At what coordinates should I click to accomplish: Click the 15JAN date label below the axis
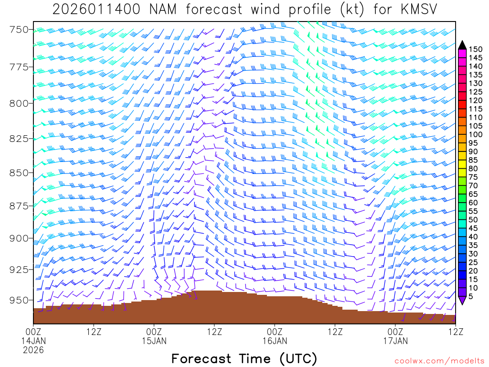pyautogui.click(x=154, y=341)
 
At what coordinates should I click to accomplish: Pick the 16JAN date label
pyautogui.click(x=275, y=341)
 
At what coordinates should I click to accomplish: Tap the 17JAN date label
pyautogui.click(x=395, y=341)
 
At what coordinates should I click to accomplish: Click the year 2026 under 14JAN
pyautogui.click(x=33, y=350)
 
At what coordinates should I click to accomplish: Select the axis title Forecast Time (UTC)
pyautogui.click(x=244, y=358)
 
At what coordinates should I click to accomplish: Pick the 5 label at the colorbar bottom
pyautogui.click(x=471, y=296)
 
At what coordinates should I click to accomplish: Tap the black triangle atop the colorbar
pyautogui.click(x=462, y=44)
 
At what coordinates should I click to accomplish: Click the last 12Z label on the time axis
pyautogui.click(x=455, y=331)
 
